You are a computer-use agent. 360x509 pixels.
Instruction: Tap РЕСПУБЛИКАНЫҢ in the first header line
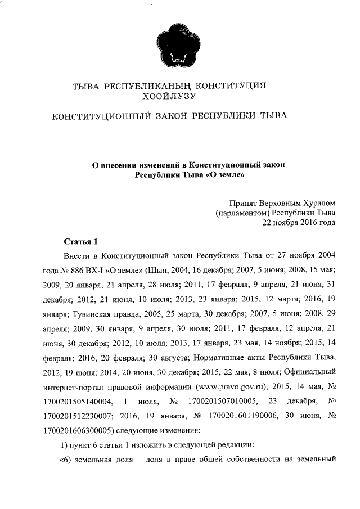(148, 86)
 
